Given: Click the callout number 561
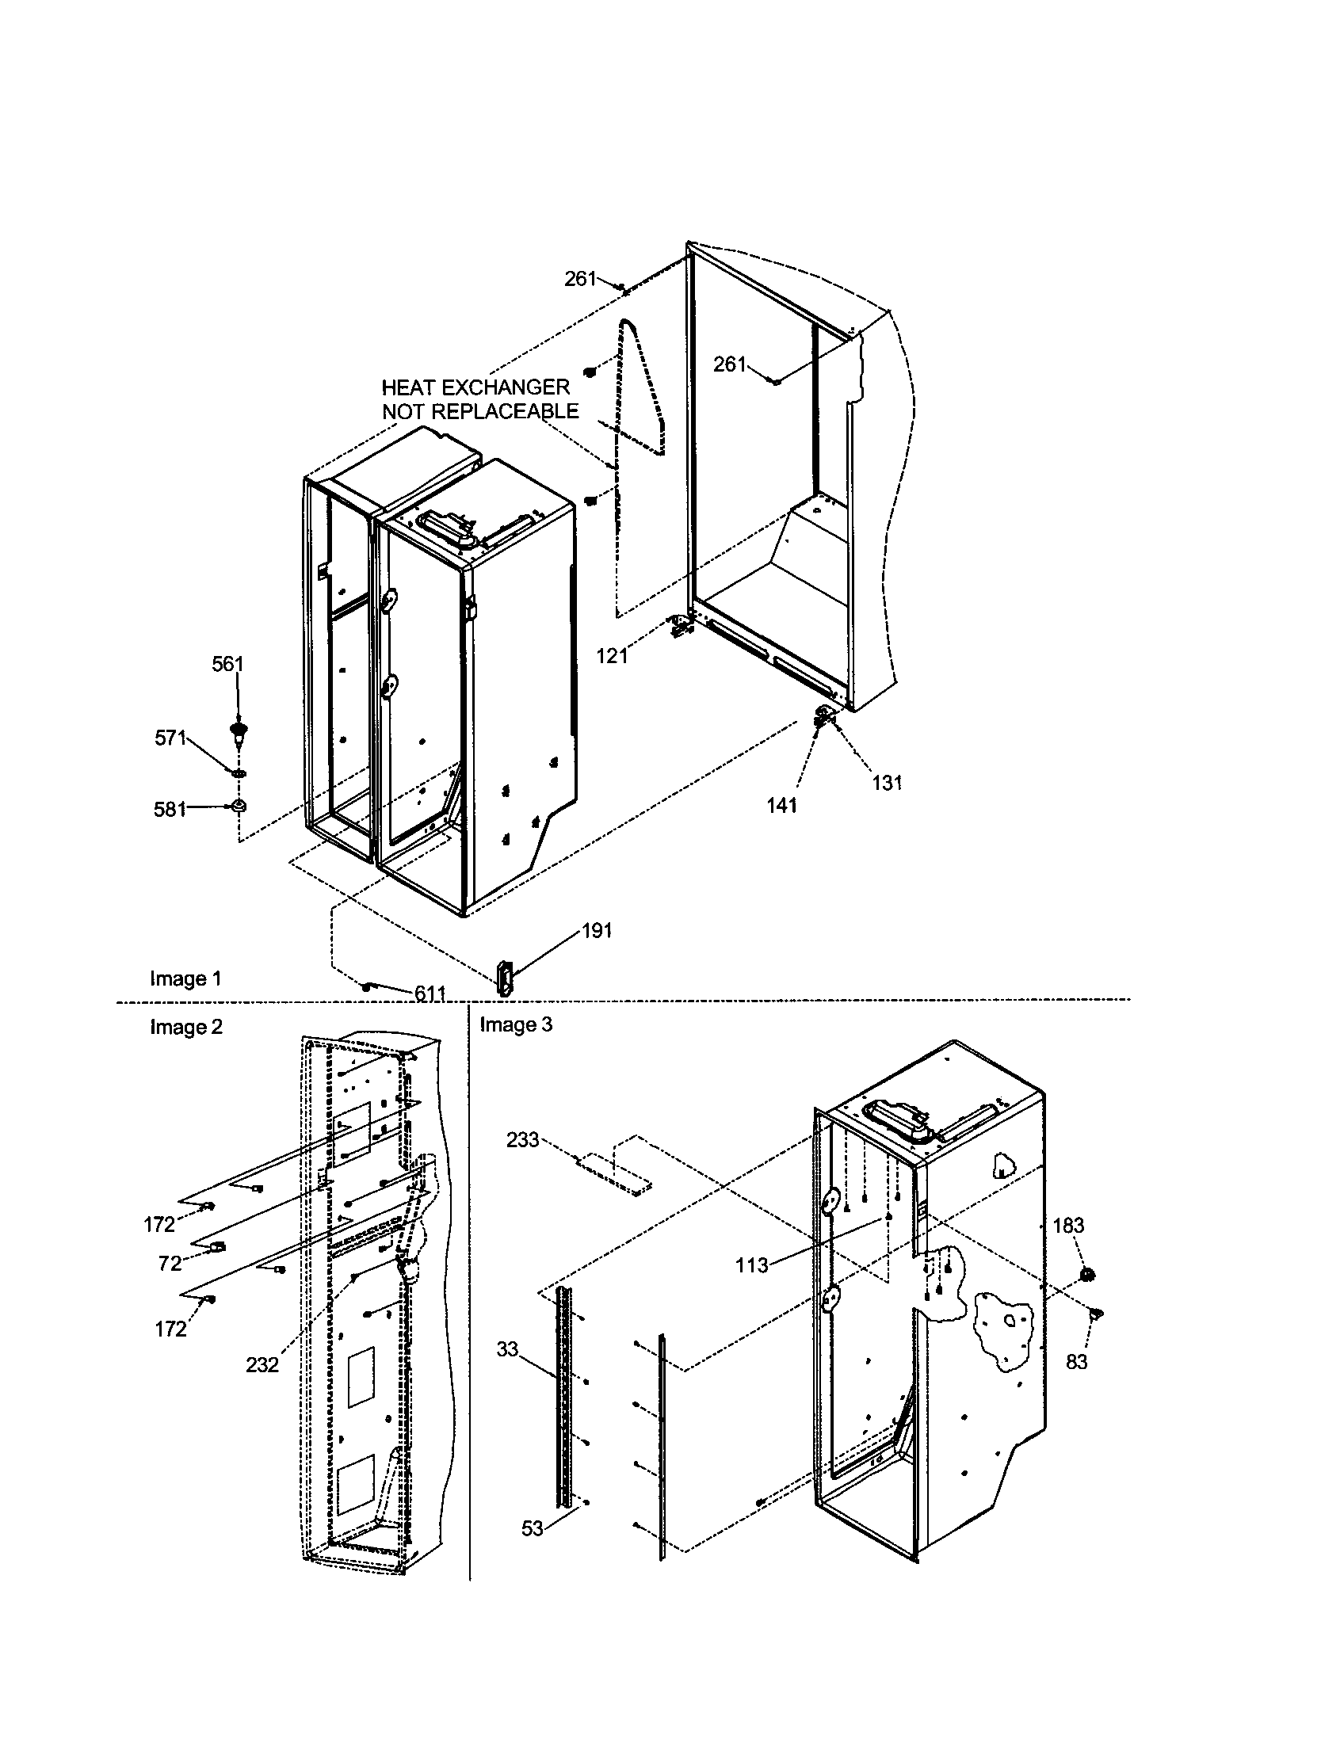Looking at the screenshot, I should tap(227, 664).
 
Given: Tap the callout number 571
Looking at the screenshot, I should tap(170, 738).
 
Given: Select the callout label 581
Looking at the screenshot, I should tap(170, 809).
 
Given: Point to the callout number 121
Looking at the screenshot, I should tap(612, 656).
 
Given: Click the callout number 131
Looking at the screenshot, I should tap(887, 783).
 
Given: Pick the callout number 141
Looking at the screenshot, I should tap(782, 806).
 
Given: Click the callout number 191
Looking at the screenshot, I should tap(597, 931).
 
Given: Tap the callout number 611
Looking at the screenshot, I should tap(430, 993).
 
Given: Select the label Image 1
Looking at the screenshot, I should tap(185, 978).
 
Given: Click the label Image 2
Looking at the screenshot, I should tap(186, 1027).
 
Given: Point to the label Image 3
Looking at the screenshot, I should tap(516, 1024).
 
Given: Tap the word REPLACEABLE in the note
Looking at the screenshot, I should tap(505, 412).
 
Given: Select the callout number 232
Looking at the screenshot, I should tap(262, 1365).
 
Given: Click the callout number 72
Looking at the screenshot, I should tap(170, 1264).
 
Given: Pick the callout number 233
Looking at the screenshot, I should tap(523, 1140).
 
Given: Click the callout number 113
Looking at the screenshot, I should tap(752, 1265).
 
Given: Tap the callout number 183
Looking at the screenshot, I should tap(1069, 1225).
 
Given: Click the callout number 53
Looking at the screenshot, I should tap(533, 1528).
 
